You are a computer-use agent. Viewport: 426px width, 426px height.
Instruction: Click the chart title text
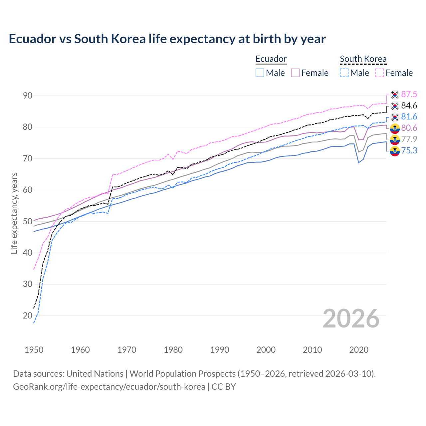(167, 39)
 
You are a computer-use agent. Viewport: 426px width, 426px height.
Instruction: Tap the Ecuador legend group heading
(271, 59)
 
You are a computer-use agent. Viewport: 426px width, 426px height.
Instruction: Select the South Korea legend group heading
(363, 59)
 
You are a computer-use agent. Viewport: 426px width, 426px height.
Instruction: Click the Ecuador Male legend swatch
(260, 73)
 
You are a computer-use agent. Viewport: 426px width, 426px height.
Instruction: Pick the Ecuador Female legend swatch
(295, 73)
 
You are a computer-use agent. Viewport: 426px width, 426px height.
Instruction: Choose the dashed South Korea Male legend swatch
(344, 73)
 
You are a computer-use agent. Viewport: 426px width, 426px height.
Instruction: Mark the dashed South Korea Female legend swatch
(380, 73)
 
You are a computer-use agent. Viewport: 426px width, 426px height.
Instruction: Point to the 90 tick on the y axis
(28, 96)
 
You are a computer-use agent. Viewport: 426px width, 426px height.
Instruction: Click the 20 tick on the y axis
(28, 316)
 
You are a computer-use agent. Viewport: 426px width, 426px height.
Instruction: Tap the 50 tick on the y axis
(28, 221)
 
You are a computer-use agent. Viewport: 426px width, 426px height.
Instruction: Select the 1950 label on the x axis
(34, 350)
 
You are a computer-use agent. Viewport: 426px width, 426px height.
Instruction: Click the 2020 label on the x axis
(359, 350)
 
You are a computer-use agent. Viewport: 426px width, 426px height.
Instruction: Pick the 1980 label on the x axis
(173, 350)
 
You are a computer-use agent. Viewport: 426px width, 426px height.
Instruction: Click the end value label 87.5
(409, 95)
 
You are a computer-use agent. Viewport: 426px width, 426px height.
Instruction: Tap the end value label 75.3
(409, 151)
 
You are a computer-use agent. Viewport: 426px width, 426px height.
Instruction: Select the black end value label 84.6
(409, 106)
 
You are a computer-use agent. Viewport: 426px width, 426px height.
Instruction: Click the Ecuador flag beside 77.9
(395, 139)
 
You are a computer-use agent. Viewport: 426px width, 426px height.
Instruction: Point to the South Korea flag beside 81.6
(395, 117)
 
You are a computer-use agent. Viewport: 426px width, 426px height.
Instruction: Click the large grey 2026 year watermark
(351, 319)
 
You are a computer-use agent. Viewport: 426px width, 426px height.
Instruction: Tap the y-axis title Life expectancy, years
(14, 213)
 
